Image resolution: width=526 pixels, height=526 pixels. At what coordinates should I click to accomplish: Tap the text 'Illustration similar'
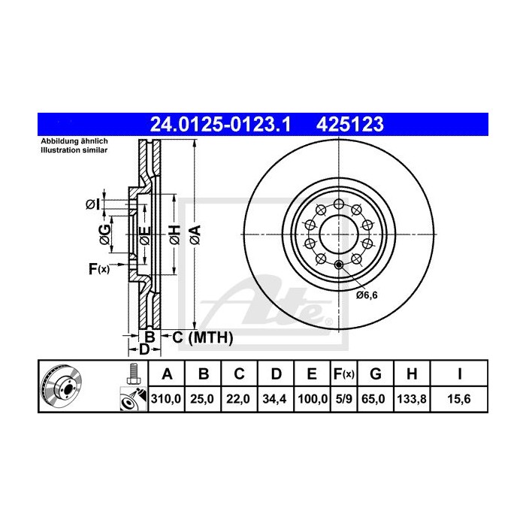[74, 150]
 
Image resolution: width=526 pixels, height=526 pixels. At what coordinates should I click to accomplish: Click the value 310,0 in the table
[166, 400]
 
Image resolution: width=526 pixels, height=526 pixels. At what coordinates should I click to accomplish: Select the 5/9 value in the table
[343, 400]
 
